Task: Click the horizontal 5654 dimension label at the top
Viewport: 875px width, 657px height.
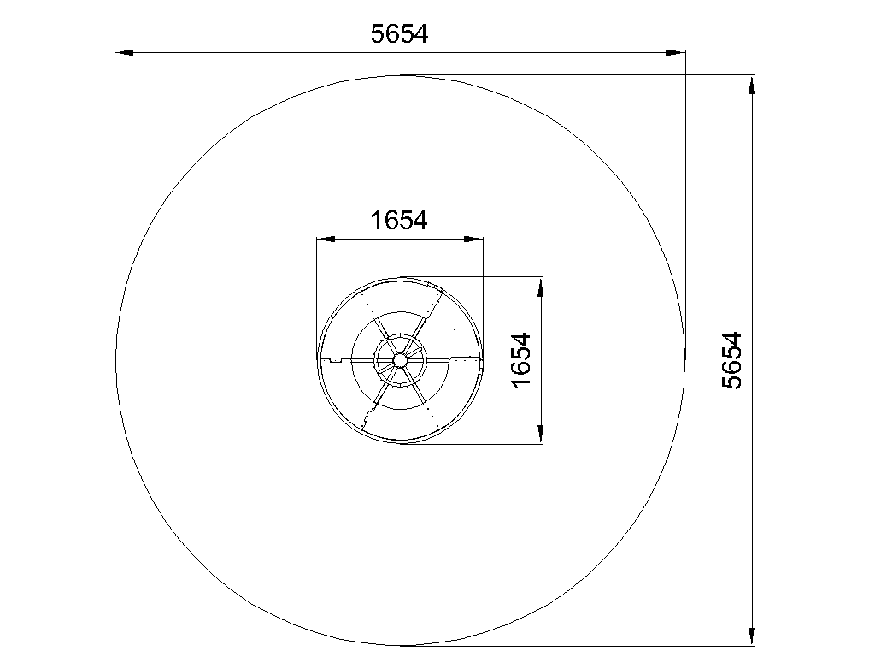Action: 399,34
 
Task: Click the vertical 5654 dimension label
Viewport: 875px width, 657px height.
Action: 732,360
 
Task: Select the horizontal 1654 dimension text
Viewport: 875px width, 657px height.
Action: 399,221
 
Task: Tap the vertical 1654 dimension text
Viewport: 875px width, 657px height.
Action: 521,360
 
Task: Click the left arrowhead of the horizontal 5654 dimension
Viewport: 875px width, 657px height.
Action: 125,52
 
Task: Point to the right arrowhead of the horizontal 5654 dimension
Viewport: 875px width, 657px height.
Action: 676,52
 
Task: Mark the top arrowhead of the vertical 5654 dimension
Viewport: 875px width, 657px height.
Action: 752,86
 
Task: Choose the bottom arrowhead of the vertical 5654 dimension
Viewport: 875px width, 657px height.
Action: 752,636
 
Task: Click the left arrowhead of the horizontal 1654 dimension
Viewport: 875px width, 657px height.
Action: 326,240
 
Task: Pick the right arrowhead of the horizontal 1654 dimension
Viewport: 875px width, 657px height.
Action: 473,240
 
